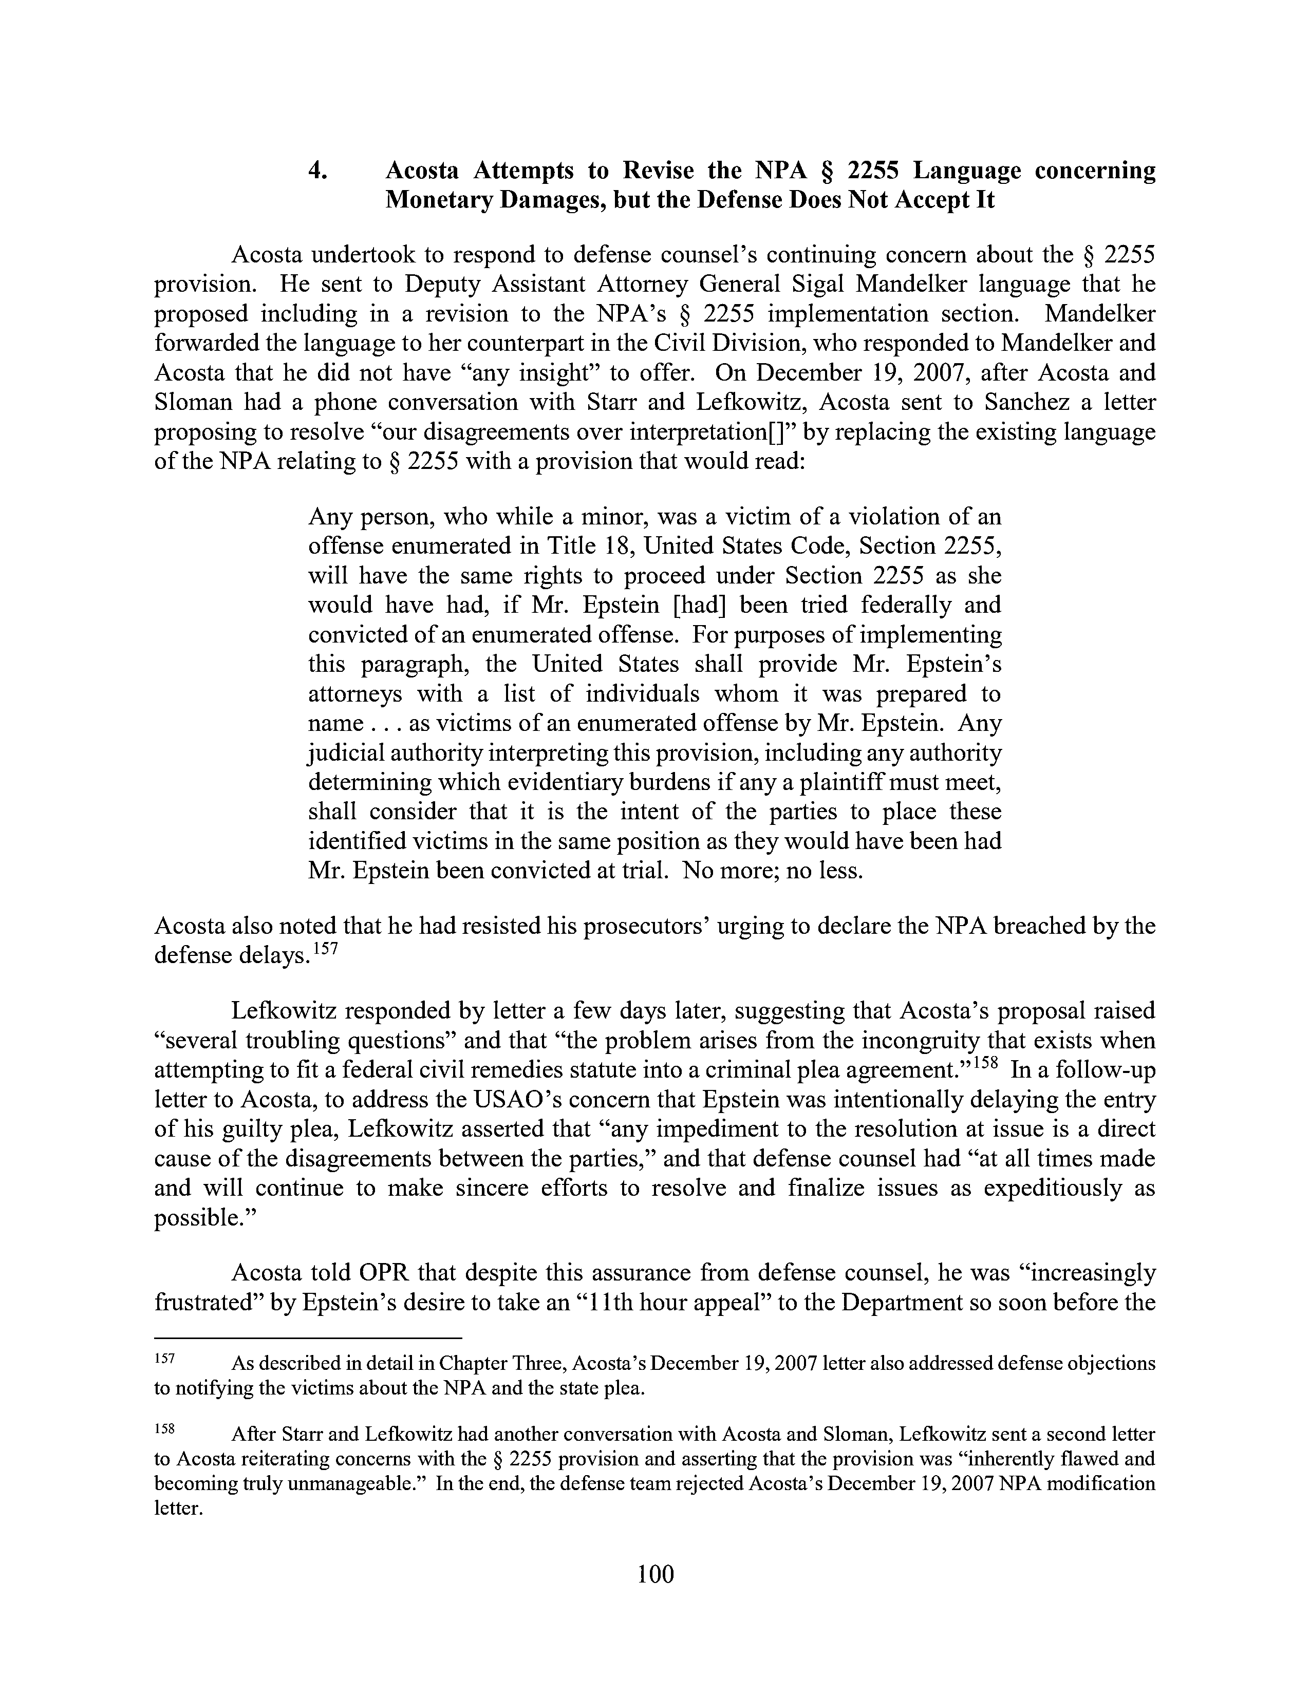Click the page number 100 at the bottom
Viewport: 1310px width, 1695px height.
click(x=655, y=1574)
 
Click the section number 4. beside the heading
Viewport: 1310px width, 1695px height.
click(x=317, y=170)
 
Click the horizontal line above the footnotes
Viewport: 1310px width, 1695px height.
click(x=308, y=1338)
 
